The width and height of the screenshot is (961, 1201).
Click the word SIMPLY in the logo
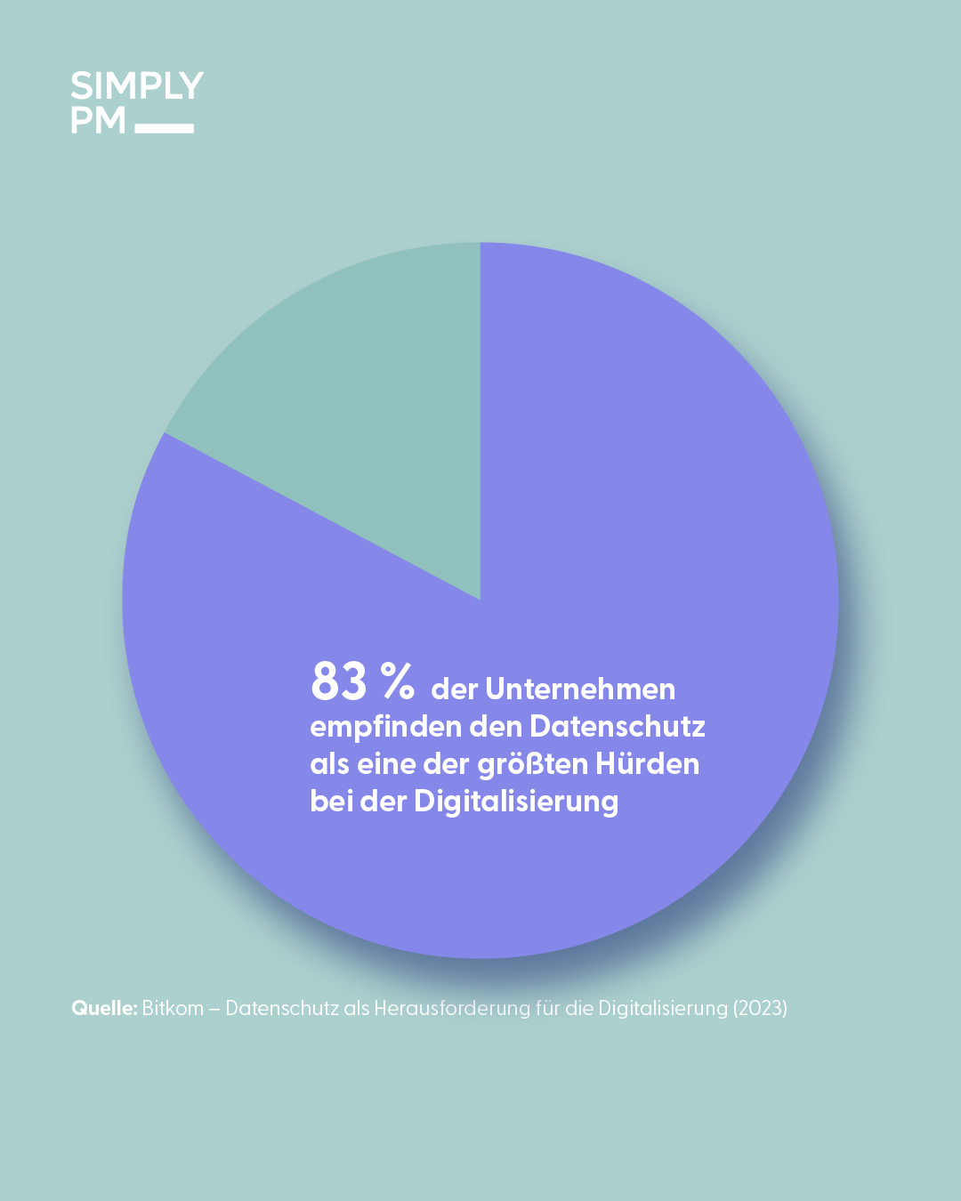[137, 86]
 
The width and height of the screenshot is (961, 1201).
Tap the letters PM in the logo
[98, 120]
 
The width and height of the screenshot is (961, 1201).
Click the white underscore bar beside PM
[165, 128]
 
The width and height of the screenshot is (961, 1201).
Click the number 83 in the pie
[339, 682]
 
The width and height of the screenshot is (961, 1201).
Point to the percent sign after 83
[398, 681]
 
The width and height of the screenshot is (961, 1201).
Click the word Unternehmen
[580, 689]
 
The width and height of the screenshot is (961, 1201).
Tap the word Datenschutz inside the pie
[618, 727]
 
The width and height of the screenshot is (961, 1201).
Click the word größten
[532, 764]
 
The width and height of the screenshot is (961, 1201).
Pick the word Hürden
[647, 764]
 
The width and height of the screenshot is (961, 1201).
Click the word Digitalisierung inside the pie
[516, 802]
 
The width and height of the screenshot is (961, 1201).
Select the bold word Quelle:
[104, 1008]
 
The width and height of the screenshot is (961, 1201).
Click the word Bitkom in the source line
[173, 1008]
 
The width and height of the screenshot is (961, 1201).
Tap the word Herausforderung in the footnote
[451, 1008]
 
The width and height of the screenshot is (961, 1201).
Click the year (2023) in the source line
[760, 1008]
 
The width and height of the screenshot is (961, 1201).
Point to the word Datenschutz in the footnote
[282, 1008]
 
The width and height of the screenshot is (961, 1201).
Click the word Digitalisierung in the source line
[663, 1008]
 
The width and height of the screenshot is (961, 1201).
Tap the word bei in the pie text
[330, 802]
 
